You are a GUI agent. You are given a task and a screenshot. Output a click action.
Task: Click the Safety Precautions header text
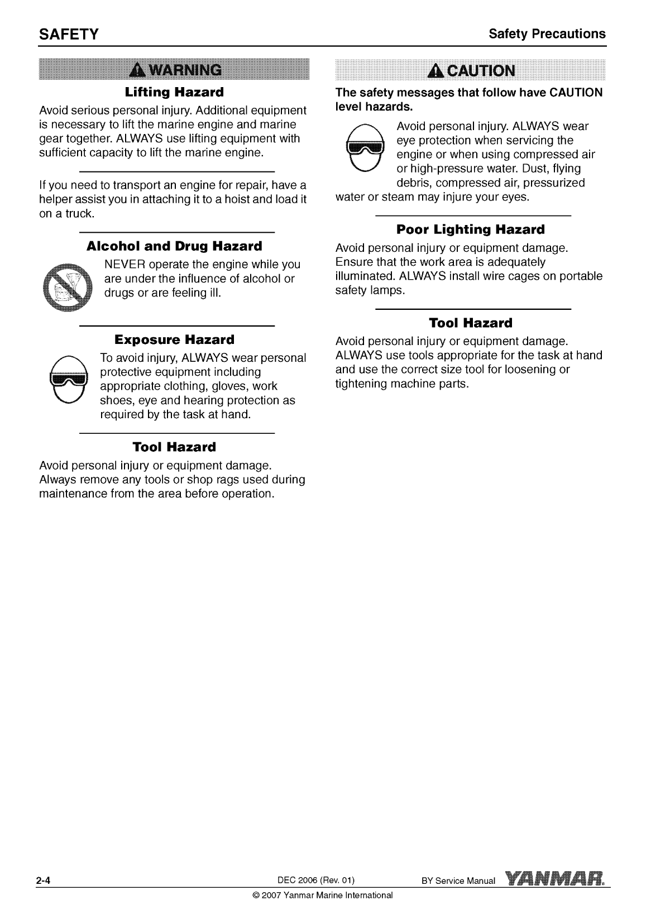(547, 34)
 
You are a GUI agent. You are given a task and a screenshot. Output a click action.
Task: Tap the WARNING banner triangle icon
(135, 71)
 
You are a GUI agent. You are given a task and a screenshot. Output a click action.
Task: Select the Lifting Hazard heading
(174, 92)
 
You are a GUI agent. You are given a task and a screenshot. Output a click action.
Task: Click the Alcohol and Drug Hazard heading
(174, 246)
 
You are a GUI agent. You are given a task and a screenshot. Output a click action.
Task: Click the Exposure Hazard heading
(174, 339)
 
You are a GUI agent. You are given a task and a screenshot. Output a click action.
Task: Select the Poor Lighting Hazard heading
(470, 229)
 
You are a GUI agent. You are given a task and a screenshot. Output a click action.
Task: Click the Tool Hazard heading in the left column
(174, 447)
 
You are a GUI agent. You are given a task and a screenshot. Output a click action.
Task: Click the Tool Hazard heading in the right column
(470, 323)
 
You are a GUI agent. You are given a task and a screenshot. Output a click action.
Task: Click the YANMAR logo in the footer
(556, 879)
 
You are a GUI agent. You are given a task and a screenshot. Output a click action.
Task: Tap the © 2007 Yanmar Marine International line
(323, 895)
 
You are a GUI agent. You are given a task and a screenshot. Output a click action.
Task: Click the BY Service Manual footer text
(458, 882)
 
